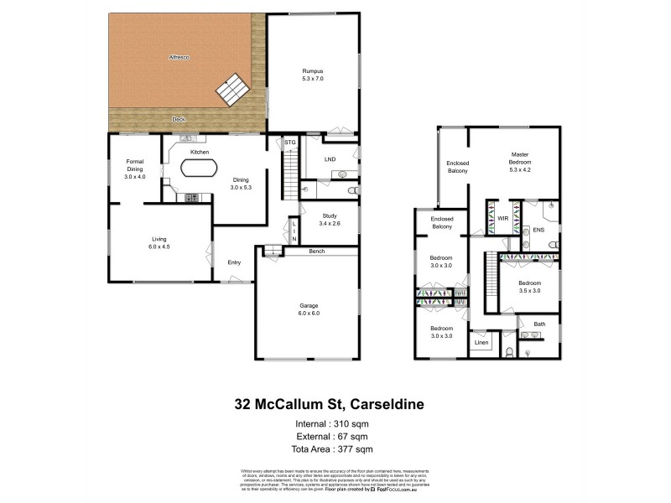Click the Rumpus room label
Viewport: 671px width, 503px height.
tap(313, 75)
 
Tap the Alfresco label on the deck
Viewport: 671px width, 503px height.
tap(179, 58)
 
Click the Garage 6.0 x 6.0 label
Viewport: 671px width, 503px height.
tap(307, 309)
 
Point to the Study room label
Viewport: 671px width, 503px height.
tap(329, 220)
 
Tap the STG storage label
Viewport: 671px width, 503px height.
tap(290, 143)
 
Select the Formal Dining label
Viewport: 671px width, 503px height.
tap(135, 169)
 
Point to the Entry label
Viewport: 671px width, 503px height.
tap(234, 263)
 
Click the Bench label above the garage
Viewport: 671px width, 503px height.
tap(316, 251)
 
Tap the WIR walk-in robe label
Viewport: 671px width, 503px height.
tap(503, 218)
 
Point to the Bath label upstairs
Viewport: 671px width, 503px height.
tap(539, 324)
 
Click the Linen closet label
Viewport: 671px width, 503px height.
tap(481, 343)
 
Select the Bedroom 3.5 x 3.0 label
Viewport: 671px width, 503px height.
tap(529, 287)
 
